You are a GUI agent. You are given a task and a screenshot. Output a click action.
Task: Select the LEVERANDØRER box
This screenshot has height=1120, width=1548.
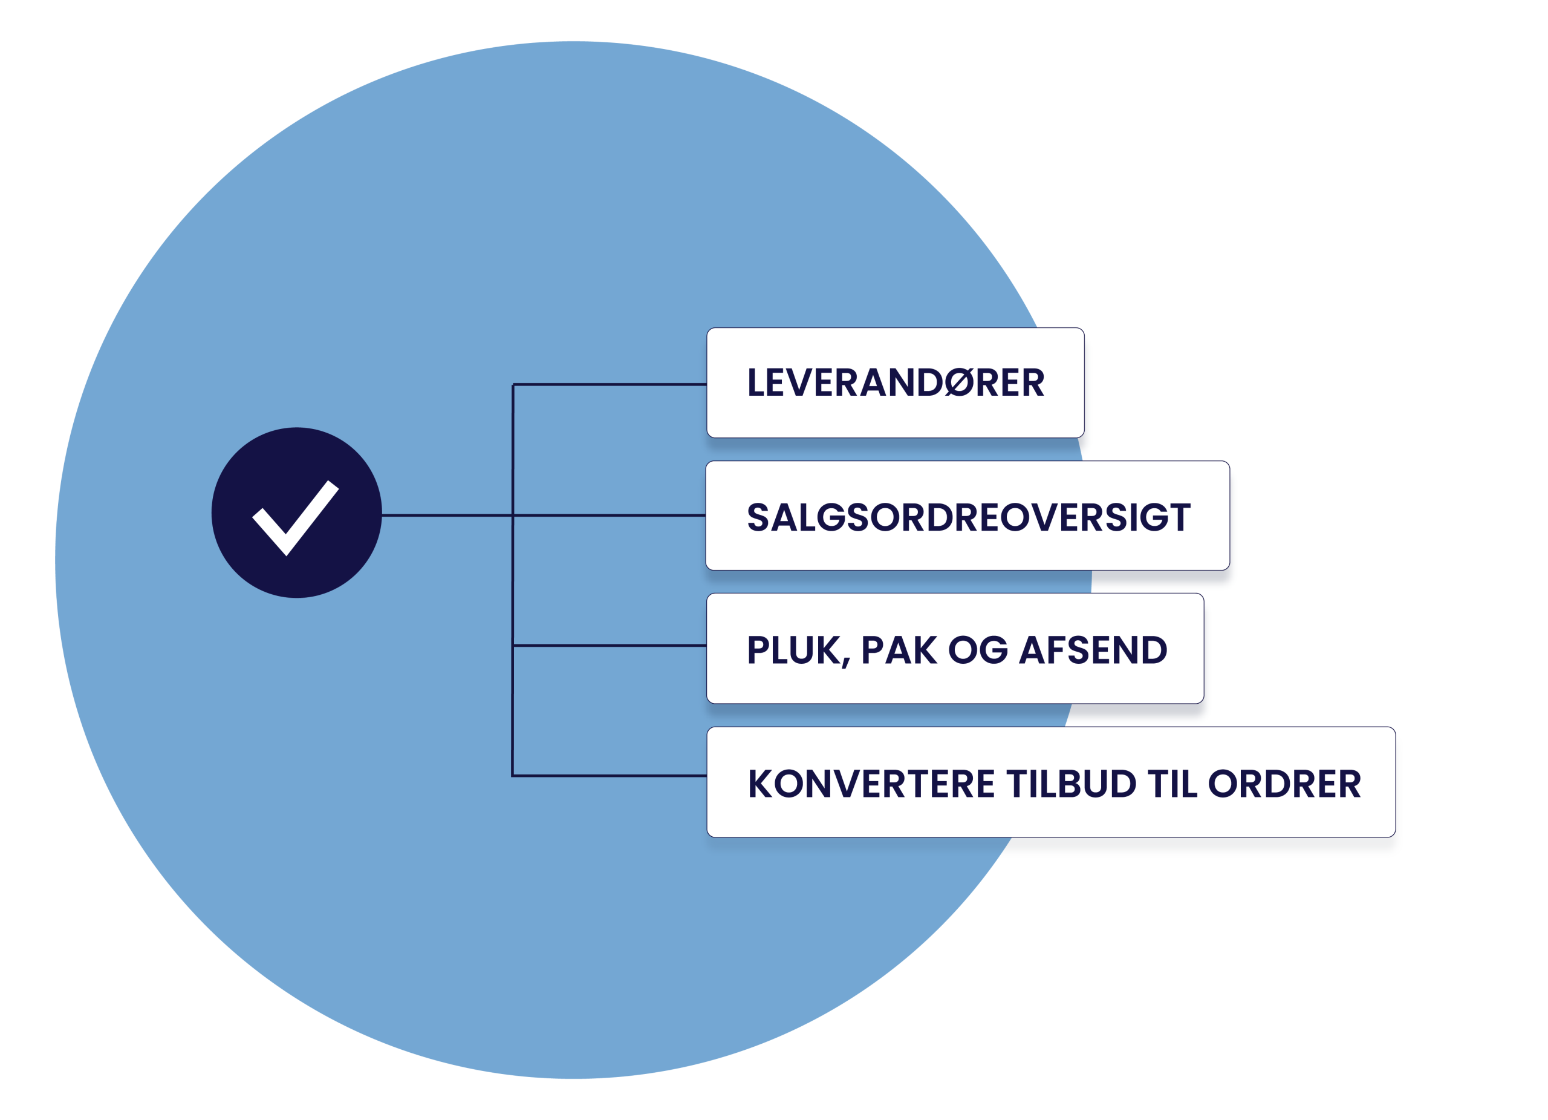click(895, 382)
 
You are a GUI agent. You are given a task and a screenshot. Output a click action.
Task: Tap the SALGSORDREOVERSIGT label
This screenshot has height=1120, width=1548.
click(968, 517)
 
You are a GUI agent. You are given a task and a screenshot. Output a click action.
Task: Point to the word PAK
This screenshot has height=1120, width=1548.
click(898, 650)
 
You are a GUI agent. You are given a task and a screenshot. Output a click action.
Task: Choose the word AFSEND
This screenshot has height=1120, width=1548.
click(1093, 650)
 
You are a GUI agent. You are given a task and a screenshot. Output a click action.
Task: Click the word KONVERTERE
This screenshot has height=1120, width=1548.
click(870, 784)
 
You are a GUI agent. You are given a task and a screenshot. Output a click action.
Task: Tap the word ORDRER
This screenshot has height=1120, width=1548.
click(1284, 784)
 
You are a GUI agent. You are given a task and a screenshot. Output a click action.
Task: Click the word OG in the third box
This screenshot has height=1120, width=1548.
click(977, 650)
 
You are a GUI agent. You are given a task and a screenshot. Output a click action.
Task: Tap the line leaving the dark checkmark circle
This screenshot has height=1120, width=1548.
click(444, 515)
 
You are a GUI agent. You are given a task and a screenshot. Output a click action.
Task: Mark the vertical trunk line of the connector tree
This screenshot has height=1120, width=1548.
click(513, 580)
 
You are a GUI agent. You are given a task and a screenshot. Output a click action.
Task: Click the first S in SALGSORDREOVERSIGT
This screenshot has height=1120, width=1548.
click(759, 517)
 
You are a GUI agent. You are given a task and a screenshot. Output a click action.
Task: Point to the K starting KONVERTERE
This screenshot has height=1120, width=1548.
click(762, 784)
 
